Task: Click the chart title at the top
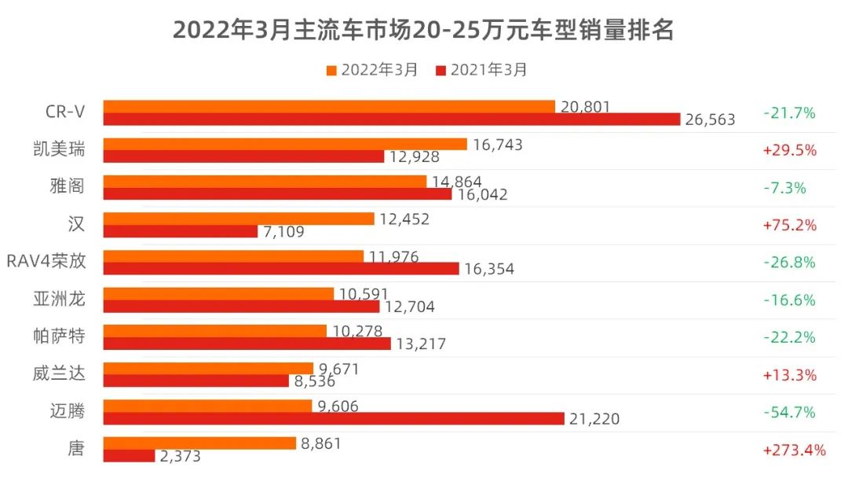423,31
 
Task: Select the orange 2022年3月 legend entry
371,70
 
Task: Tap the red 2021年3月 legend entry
481,70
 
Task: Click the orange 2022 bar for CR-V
329,106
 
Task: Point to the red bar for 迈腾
334,418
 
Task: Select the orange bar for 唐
199,443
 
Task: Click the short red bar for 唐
129,456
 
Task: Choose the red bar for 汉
181,231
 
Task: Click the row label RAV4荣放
46,262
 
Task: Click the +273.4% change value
794,450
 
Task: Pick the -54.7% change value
789,412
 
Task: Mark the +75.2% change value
789,225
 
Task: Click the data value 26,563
710,119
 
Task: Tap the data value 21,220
594,419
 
